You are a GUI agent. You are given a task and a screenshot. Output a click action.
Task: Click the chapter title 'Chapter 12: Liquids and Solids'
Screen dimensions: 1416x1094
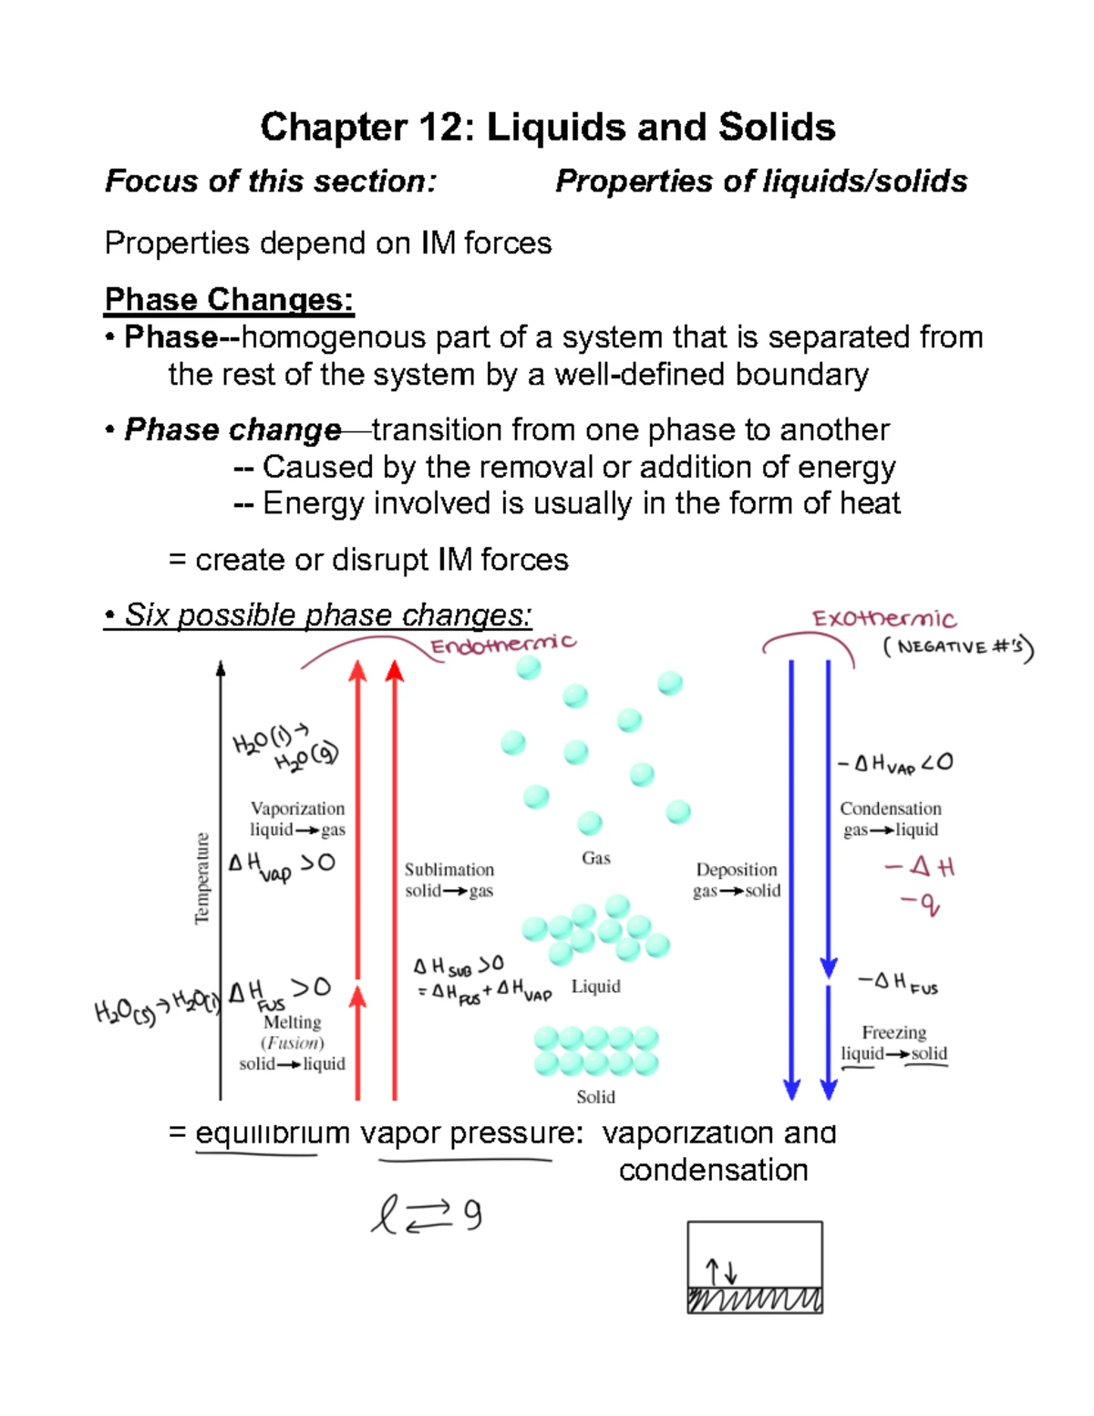pos(547,128)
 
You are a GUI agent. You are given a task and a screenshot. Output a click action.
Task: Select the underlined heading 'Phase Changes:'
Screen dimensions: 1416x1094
pos(229,299)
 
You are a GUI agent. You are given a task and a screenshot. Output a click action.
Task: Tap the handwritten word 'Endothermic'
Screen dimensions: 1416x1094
pos(502,645)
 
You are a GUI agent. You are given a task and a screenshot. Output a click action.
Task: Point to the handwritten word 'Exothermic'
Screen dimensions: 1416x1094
pos(883,619)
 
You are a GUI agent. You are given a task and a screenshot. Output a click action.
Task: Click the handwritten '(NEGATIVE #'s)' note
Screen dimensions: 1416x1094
pos(957,648)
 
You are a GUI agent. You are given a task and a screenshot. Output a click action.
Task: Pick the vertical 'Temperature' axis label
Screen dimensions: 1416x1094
pos(202,878)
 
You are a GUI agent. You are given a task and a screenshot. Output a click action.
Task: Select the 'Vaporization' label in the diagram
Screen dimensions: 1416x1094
pos(297,809)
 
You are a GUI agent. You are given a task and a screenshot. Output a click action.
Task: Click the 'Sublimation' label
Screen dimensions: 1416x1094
pos(449,870)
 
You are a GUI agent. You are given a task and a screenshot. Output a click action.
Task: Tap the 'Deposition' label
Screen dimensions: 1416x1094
pos(736,870)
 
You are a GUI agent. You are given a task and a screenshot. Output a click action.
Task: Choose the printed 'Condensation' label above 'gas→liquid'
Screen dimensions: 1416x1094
pos(890,809)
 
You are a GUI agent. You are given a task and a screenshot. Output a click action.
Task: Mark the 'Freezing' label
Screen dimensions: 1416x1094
pos(893,1032)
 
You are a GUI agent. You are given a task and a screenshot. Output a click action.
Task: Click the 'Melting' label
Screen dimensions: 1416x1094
pos(292,1022)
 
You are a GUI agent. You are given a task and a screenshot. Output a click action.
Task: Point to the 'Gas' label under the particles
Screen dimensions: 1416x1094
pos(595,858)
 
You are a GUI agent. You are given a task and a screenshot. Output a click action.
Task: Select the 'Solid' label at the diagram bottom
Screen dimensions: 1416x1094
pos(595,1097)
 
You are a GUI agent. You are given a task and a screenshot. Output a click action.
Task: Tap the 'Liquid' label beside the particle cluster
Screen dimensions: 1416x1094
pos(595,987)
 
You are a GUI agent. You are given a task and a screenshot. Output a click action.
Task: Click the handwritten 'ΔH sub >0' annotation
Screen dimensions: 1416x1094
pos(458,966)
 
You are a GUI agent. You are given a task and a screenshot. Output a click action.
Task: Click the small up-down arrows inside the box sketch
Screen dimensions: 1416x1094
pos(720,1270)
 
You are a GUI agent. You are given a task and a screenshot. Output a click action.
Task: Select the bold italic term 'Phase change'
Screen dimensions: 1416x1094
pos(232,429)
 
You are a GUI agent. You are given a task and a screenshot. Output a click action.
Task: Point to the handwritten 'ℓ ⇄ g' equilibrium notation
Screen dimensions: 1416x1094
pos(426,1215)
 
